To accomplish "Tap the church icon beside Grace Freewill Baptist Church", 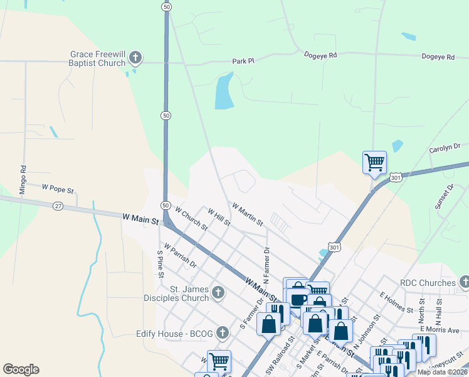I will point(134,59).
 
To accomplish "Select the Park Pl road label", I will point(243,61).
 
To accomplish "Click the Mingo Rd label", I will point(23,178).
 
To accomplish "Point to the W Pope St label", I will point(58,188).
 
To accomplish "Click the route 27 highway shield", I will point(58,205).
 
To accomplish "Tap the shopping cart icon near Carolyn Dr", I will point(374,162).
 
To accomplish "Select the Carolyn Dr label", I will point(445,149).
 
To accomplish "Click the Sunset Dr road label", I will point(450,197).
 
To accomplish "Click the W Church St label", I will point(191,218).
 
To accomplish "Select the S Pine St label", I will point(161,264).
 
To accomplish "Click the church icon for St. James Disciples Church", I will point(218,292).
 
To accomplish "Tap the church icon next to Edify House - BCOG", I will point(223,332).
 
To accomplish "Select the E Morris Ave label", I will point(440,330).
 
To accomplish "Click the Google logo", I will point(21,369).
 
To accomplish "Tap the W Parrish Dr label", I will point(179,254).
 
